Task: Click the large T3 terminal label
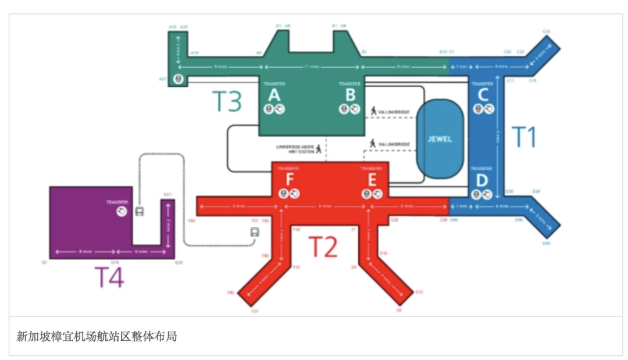point(226,101)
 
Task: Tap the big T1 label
point(523,137)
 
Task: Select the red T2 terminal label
point(322,247)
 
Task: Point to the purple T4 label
point(109,277)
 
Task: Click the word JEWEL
point(440,140)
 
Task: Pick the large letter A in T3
point(273,95)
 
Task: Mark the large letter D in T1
point(482,180)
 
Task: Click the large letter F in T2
point(289,180)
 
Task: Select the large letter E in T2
point(372,180)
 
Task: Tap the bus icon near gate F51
point(255,233)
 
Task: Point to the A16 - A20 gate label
point(178,27)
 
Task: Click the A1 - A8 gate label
point(283,26)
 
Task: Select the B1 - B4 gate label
point(339,26)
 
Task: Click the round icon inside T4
point(122,212)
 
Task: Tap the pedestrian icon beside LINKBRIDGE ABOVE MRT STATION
point(319,150)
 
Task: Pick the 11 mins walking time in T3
point(312,67)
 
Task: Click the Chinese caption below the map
point(97,336)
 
